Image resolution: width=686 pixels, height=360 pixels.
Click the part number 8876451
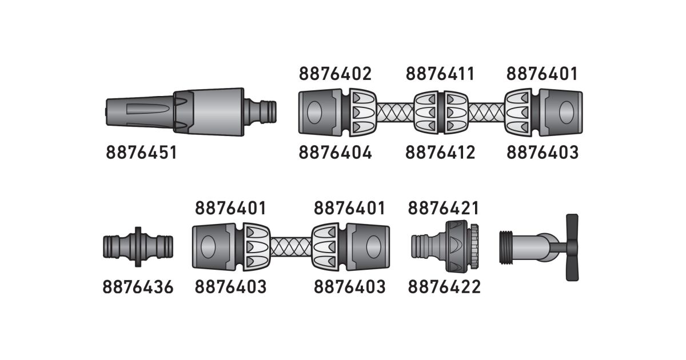141,153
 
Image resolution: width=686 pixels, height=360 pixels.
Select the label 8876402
335,74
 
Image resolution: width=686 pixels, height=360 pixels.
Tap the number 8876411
440,74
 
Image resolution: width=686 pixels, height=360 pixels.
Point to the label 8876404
335,153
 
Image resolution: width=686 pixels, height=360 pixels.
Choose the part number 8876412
440,153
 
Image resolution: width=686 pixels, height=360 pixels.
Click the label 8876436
138,287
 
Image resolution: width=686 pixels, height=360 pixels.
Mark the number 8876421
444,208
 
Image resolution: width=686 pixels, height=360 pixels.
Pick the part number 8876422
444,287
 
